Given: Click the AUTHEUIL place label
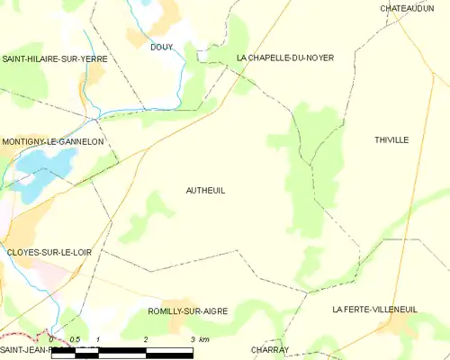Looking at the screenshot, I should [x=205, y=191].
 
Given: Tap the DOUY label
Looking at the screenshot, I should [x=162, y=47].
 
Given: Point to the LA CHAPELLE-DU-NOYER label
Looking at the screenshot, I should [x=284, y=58].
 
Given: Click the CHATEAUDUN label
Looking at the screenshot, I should [x=406, y=8].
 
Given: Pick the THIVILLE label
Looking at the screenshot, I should [x=391, y=139].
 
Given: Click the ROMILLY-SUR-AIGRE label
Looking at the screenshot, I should [x=187, y=310].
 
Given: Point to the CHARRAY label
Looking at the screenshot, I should [x=271, y=348].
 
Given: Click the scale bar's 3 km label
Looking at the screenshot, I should [x=200, y=339].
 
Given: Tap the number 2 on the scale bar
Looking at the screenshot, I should [x=145, y=339].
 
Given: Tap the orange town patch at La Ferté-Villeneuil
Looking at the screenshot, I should [x=396, y=325].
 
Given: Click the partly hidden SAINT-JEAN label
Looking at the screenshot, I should [x=22, y=349].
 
